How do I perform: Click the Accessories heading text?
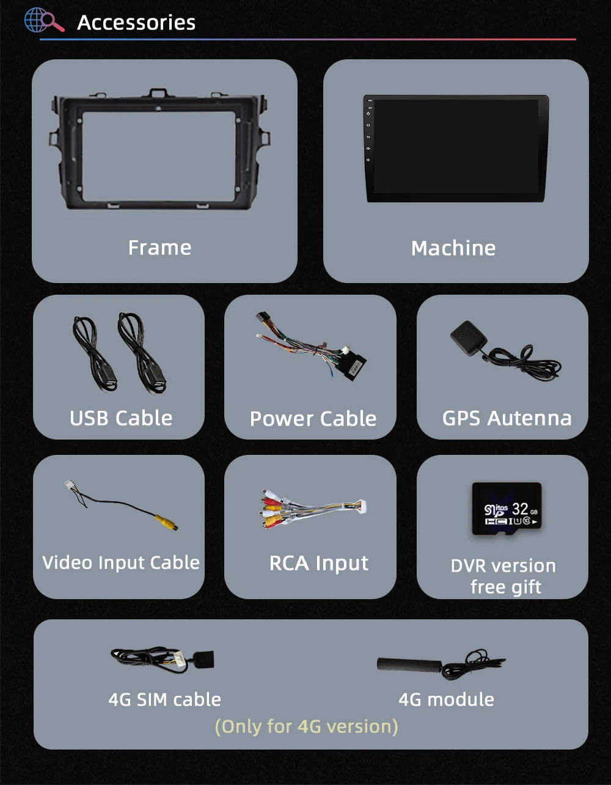(x=136, y=23)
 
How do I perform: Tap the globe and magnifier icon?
(x=43, y=20)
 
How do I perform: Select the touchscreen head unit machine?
(x=455, y=148)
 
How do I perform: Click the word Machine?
(x=453, y=248)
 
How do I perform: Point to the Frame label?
(x=159, y=248)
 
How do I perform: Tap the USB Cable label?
(x=121, y=418)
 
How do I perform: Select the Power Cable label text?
(x=313, y=419)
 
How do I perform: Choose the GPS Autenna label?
(x=507, y=418)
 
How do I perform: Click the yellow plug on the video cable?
(x=166, y=522)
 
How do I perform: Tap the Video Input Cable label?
(x=121, y=562)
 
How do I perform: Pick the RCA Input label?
(x=319, y=563)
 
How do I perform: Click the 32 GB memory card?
(x=507, y=509)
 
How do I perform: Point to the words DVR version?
(x=503, y=566)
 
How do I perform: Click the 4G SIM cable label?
(x=164, y=699)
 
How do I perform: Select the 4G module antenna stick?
(x=410, y=665)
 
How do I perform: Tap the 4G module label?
(x=446, y=699)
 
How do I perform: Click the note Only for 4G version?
(x=306, y=726)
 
